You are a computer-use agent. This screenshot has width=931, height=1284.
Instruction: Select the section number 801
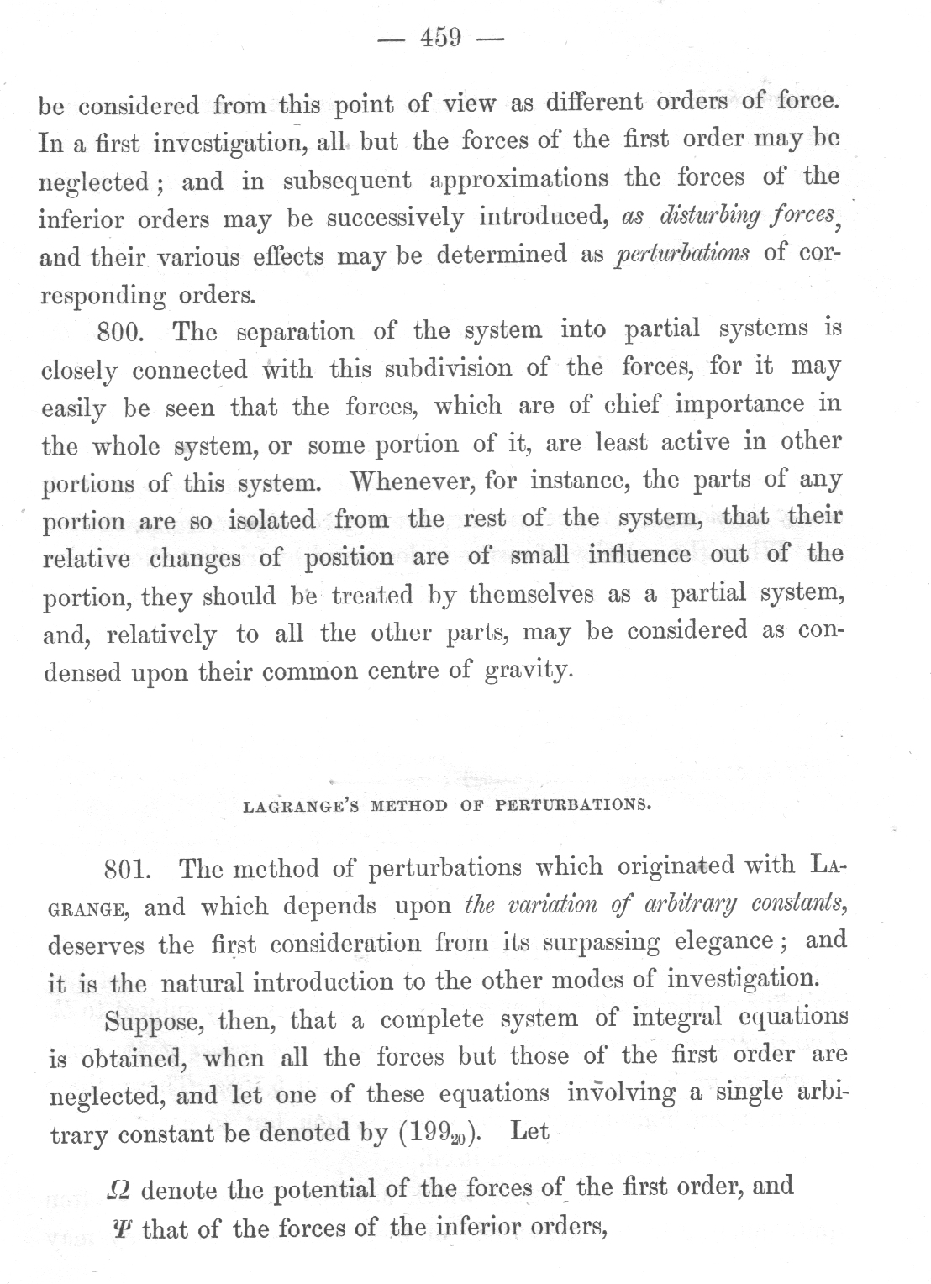127,870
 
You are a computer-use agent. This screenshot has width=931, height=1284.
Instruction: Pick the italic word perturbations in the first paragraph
682,255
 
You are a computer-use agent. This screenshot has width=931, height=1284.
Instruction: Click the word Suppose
151,1021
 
